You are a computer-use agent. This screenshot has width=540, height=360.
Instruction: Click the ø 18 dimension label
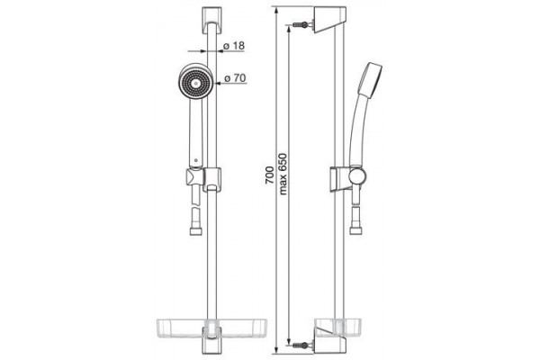pos(234,46)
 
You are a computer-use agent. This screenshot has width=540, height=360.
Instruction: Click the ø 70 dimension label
pos(235,78)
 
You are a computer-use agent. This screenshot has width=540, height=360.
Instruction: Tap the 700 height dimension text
pos(269,175)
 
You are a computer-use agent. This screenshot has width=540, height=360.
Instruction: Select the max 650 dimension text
pos(283,174)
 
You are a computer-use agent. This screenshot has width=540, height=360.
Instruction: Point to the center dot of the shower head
pos(196,84)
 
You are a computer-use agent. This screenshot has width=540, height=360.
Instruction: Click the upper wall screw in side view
pos(301,25)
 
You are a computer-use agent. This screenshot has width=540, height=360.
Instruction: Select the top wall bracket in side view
pos(329,20)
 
